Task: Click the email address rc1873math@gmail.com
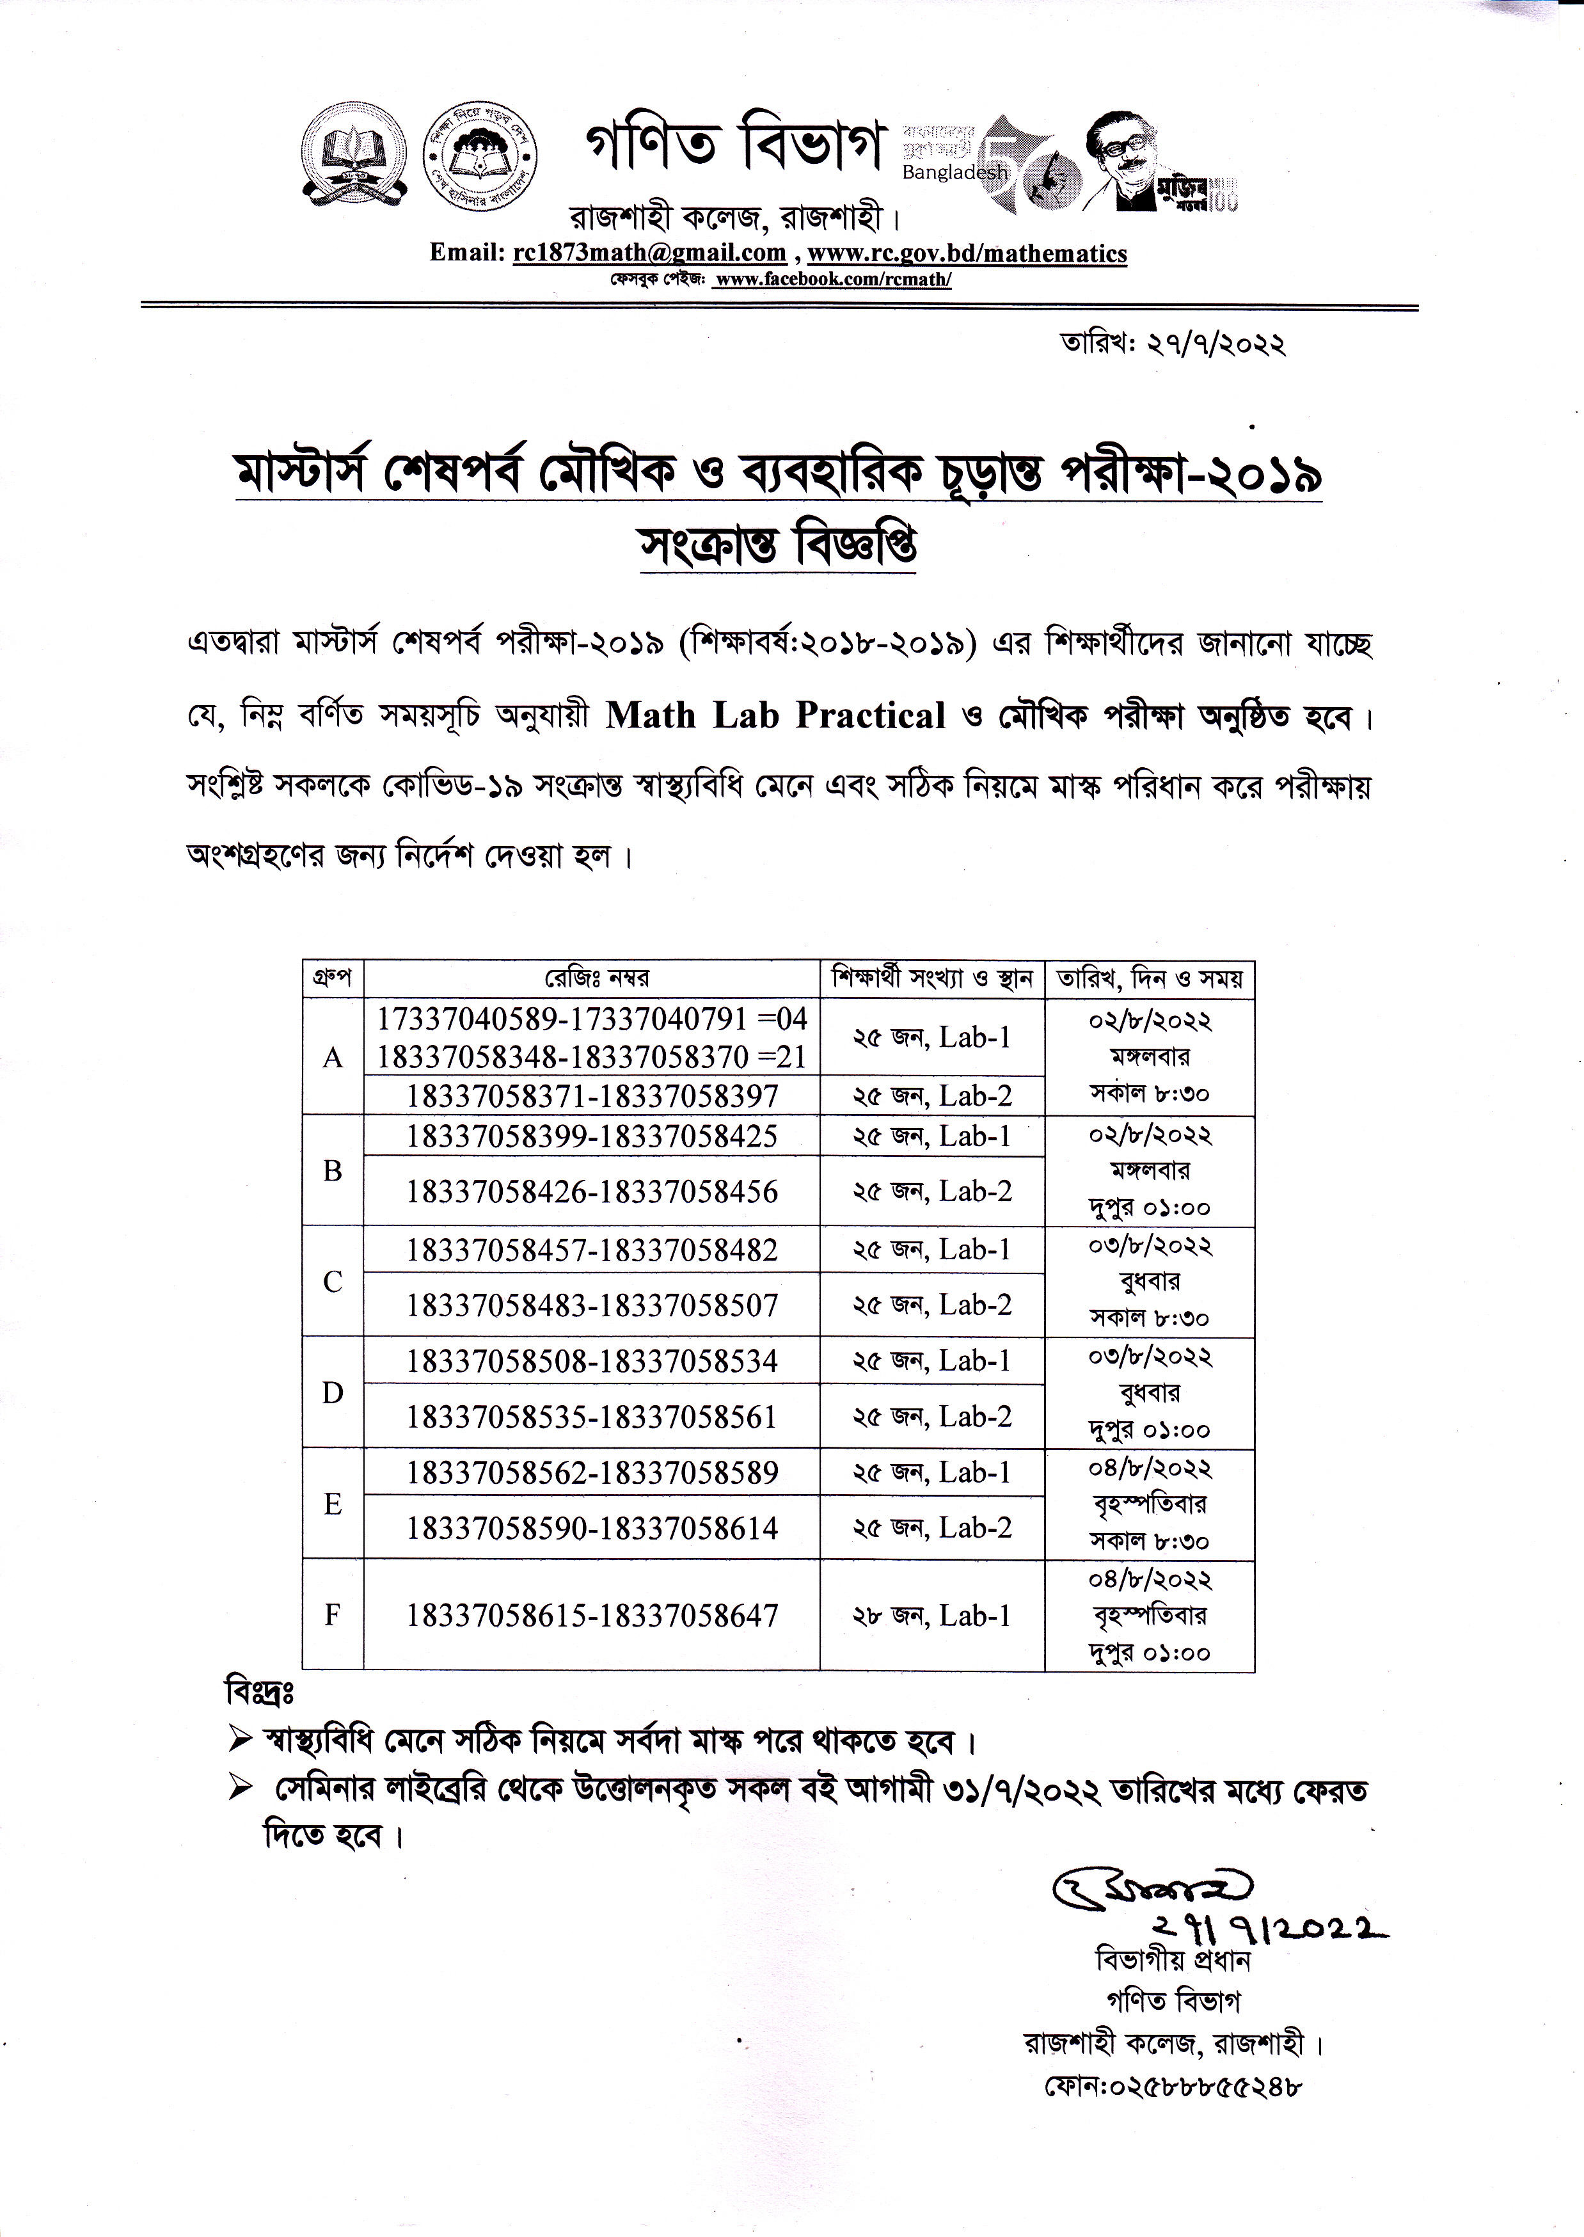(x=649, y=253)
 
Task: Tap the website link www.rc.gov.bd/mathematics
(x=967, y=253)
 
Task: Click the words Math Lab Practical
(x=775, y=716)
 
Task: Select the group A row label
(x=333, y=1058)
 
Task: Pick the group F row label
(x=333, y=1616)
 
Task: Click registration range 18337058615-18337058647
(x=592, y=1616)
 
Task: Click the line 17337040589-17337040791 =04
(x=592, y=1019)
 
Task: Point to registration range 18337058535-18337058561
(x=592, y=1417)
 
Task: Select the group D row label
(x=333, y=1393)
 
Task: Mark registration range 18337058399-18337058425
(x=592, y=1136)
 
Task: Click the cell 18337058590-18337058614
(x=592, y=1528)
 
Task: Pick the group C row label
(x=333, y=1282)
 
